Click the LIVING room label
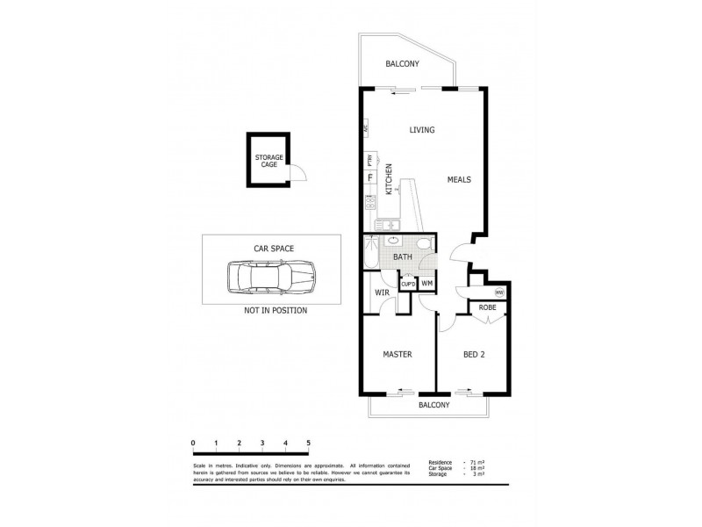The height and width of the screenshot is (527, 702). [422, 130]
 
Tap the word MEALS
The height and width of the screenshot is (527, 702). [459, 179]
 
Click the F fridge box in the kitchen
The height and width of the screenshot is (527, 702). [370, 178]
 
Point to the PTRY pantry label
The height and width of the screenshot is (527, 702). [370, 160]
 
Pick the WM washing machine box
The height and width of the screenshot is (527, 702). [426, 283]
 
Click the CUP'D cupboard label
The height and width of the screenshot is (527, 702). [408, 284]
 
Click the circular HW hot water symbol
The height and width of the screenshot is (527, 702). [499, 292]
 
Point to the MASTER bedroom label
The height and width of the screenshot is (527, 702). [397, 354]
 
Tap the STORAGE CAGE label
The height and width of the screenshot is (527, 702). [269, 161]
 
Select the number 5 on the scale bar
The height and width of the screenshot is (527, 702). [308, 443]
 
